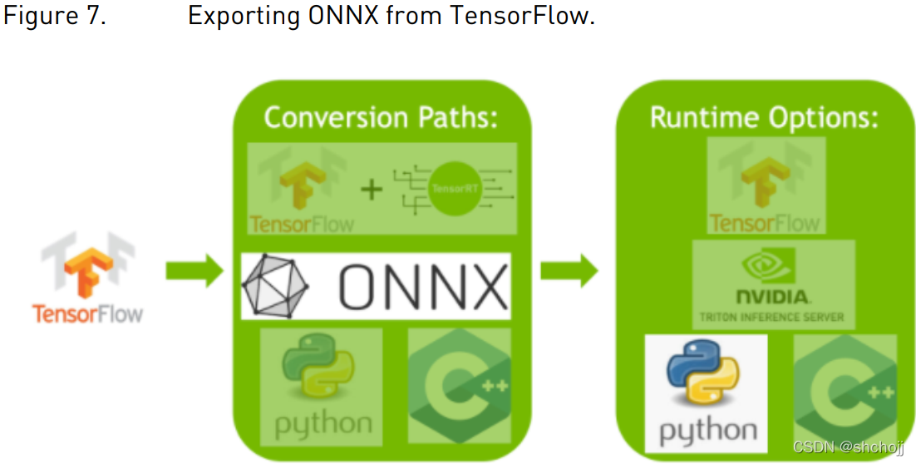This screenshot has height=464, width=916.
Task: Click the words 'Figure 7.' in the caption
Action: (55, 17)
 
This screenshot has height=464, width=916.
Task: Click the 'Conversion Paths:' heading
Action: (381, 117)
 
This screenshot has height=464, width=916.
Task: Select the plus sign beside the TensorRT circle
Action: (371, 190)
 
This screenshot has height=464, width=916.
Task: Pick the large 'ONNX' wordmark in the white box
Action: (422, 287)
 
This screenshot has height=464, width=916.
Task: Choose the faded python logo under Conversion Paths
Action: (322, 386)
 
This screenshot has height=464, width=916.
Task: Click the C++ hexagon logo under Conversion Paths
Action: (458, 386)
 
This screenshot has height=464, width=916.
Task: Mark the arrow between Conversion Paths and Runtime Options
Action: (569, 270)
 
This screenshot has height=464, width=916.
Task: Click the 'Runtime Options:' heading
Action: (764, 117)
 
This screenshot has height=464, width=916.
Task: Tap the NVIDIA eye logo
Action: (773, 266)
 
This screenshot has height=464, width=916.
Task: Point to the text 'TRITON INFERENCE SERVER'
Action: (773, 317)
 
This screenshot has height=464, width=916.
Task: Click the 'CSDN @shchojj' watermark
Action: (851, 447)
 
